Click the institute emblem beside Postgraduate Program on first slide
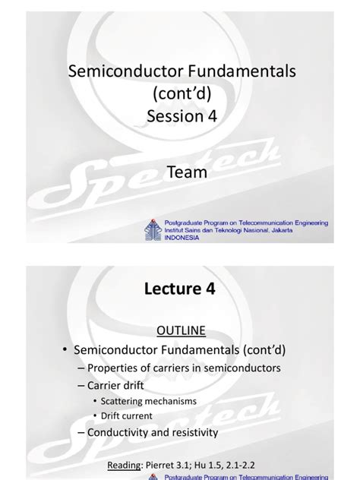pos(151,229)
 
